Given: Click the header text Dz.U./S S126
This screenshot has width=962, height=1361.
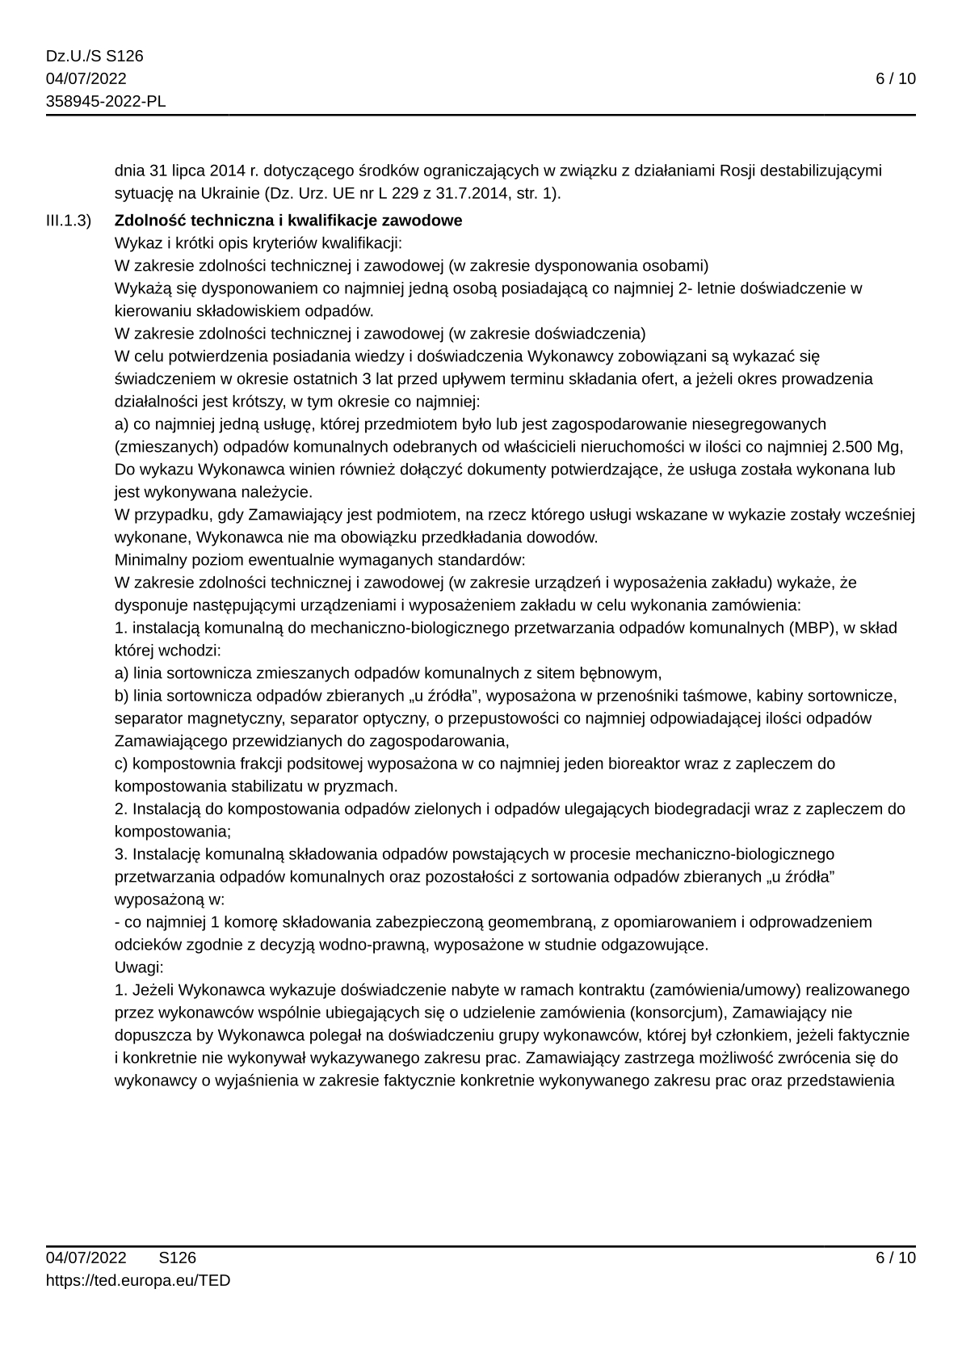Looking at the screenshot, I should [x=95, y=56].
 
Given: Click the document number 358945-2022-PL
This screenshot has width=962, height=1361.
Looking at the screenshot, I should [x=106, y=101].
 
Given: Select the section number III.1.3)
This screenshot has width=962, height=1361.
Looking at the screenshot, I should [x=69, y=221].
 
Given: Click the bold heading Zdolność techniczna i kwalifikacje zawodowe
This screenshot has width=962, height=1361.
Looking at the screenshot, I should [x=288, y=221].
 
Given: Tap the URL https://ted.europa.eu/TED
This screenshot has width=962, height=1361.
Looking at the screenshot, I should [x=138, y=1280].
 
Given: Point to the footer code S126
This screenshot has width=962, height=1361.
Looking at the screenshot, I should [x=178, y=1258].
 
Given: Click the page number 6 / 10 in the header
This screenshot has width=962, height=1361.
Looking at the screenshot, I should [x=896, y=78].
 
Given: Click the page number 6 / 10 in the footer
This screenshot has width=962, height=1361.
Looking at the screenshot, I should [x=896, y=1258].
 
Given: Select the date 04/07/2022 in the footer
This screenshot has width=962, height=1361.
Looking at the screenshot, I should [x=86, y=1258].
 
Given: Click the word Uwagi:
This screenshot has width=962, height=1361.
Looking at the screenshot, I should [x=139, y=967].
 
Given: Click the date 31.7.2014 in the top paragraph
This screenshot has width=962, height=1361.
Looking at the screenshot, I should [x=487, y=194].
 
